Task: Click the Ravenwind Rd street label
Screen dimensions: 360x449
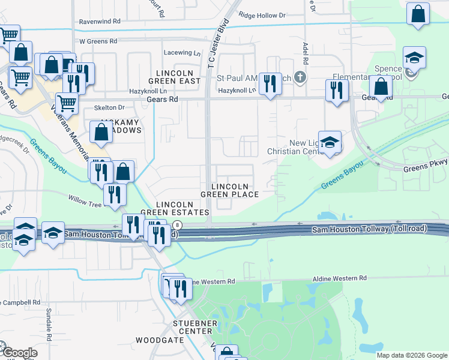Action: (99, 21)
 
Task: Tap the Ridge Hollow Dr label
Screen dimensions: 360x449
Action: (262, 15)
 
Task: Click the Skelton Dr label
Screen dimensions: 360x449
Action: (109, 107)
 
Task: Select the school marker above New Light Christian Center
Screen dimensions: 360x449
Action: (330, 142)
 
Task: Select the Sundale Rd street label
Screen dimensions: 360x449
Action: (49, 322)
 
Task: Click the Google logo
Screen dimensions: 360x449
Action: (20, 352)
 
